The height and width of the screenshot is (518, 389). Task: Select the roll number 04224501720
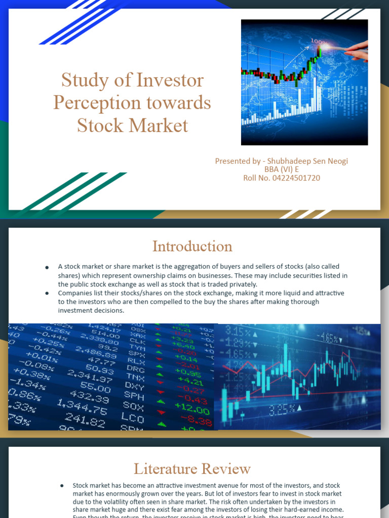[x=296, y=178]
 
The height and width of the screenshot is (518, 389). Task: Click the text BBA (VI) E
[x=282, y=169]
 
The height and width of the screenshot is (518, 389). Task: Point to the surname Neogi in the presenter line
[x=336, y=161]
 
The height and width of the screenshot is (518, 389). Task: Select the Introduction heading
[x=192, y=246]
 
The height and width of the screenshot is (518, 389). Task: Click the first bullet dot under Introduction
[x=47, y=267]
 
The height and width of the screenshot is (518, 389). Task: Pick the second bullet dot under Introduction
[x=47, y=293]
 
